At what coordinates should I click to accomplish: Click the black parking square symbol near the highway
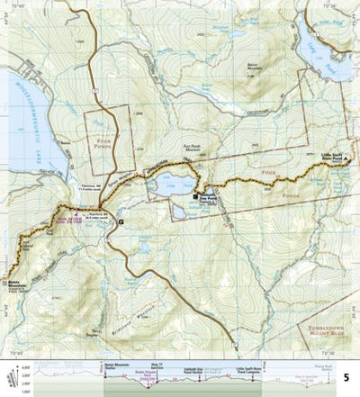click(x=122, y=221)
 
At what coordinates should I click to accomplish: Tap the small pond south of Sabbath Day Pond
click(x=179, y=212)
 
